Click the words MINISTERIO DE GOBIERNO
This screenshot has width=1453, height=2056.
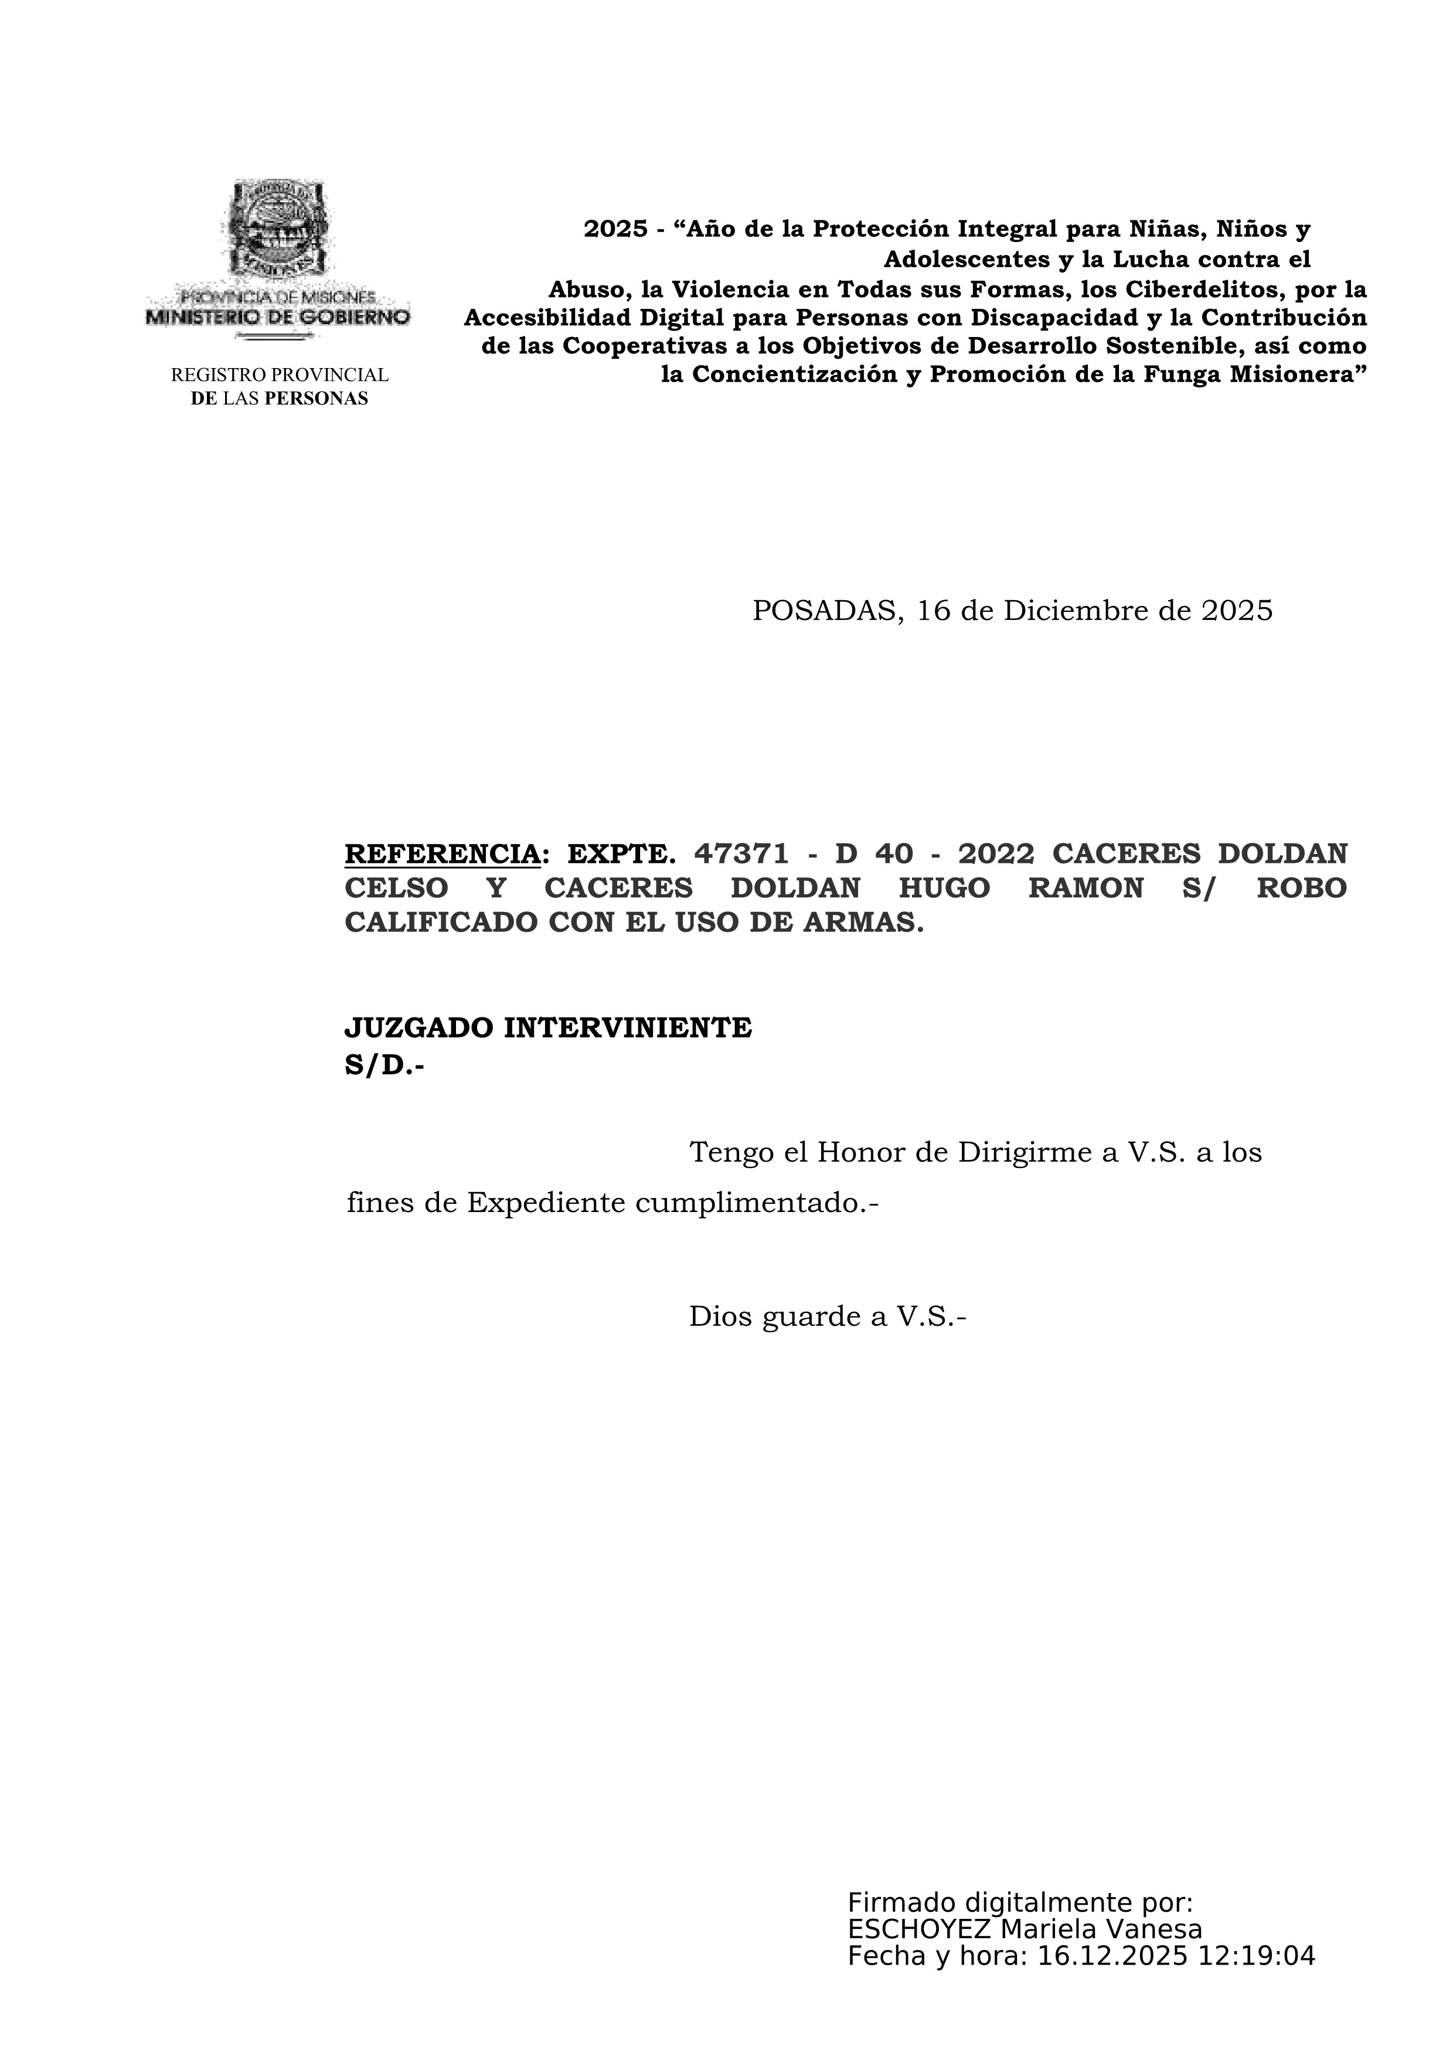click(277, 317)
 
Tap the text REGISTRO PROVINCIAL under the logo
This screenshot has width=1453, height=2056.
click(280, 375)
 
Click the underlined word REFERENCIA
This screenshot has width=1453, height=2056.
click(443, 855)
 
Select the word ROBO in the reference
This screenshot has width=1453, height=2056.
click(1302, 889)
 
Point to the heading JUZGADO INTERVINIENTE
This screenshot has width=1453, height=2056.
click(548, 1028)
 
